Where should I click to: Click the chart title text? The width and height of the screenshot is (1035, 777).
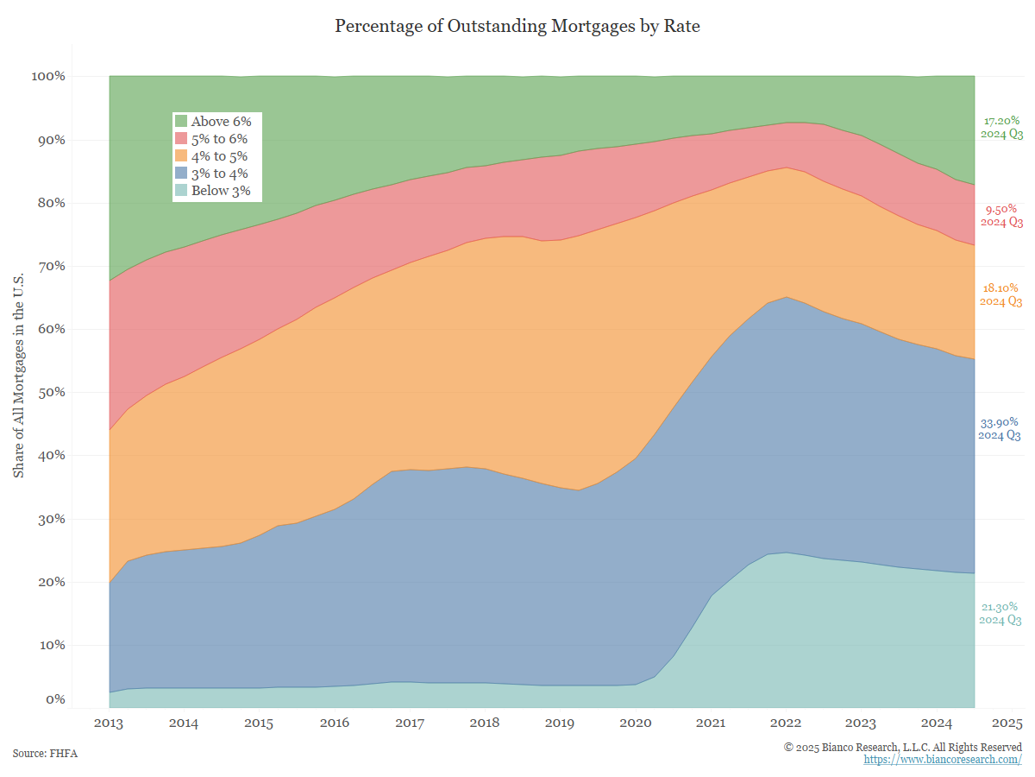click(x=517, y=26)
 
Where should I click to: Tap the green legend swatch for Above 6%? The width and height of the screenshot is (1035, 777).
click(x=181, y=122)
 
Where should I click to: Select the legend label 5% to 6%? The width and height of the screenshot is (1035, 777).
click(x=219, y=139)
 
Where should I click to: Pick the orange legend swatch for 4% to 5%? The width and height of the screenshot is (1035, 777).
click(x=181, y=156)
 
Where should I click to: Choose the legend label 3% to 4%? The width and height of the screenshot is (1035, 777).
click(x=219, y=174)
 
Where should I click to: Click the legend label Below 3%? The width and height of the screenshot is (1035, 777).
click(x=221, y=191)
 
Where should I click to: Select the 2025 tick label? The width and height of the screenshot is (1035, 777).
click(x=1007, y=723)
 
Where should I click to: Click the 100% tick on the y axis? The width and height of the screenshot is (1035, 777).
click(x=49, y=76)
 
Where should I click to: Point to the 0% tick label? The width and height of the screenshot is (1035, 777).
click(x=54, y=699)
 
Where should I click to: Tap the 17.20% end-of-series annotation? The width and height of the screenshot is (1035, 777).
click(x=1000, y=122)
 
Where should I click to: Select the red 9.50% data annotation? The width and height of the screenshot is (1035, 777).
click(x=1000, y=209)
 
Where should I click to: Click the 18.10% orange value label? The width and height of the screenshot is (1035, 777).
click(x=1000, y=288)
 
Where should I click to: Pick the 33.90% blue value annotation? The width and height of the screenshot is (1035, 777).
click(x=999, y=422)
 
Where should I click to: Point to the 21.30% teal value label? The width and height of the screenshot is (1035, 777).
click(x=1000, y=607)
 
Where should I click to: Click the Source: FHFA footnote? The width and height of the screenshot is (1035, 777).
click(x=45, y=754)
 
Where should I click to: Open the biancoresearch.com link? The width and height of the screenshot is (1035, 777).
click(x=943, y=759)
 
